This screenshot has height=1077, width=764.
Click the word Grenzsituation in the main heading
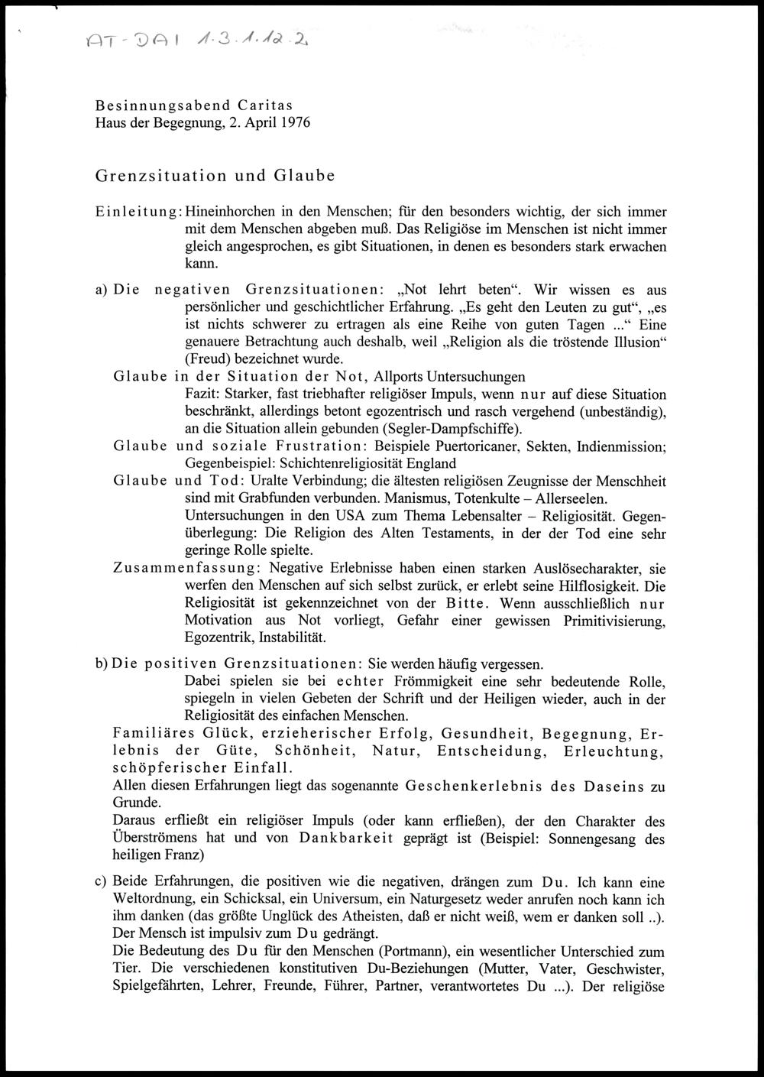(x=161, y=175)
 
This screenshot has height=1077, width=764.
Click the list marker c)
(x=100, y=882)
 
